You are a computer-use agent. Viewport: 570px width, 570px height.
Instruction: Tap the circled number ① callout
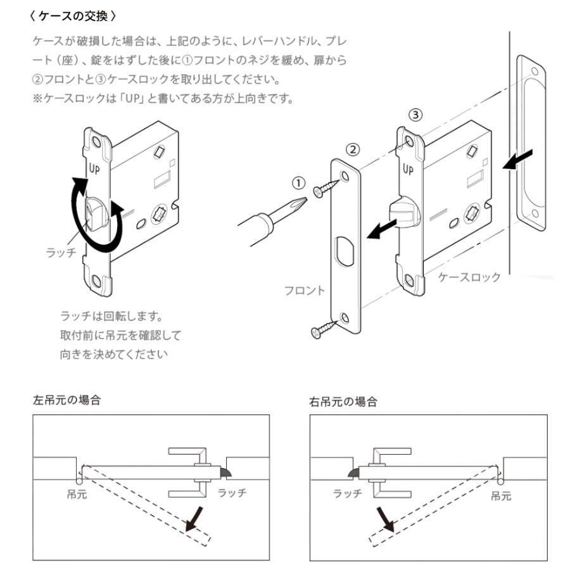click(298, 183)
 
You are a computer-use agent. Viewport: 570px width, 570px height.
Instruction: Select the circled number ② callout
click(354, 150)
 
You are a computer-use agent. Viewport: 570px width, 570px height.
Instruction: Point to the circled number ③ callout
click(414, 115)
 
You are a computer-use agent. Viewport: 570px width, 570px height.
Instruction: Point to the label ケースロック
click(469, 277)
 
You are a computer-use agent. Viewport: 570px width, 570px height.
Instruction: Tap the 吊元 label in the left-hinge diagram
click(77, 494)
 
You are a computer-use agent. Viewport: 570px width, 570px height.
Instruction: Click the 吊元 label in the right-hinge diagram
click(501, 496)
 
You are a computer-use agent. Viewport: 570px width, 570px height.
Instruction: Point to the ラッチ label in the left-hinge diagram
click(232, 493)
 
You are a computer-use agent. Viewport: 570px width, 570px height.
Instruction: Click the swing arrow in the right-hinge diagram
click(384, 518)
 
